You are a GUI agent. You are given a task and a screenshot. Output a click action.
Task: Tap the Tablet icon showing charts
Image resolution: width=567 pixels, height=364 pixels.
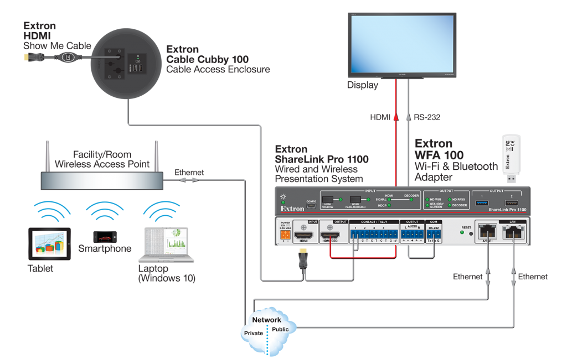[50, 245]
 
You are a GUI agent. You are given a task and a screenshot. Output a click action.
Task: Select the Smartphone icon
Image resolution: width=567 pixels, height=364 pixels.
[104, 237]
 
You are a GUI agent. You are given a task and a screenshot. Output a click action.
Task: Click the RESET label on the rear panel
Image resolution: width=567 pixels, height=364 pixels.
[466, 227]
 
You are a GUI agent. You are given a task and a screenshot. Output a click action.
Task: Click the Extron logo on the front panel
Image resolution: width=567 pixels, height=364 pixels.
[291, 209]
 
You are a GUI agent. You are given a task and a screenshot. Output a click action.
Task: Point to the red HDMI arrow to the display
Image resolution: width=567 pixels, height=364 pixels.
[395, 117]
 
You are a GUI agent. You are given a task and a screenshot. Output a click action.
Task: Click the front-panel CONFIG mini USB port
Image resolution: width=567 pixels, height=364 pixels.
[311, 207]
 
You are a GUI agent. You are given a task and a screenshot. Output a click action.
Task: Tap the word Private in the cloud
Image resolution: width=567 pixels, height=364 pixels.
[254, 333]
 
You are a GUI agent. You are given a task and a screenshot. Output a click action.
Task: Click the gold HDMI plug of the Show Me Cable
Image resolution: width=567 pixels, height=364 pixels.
[26, 57]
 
